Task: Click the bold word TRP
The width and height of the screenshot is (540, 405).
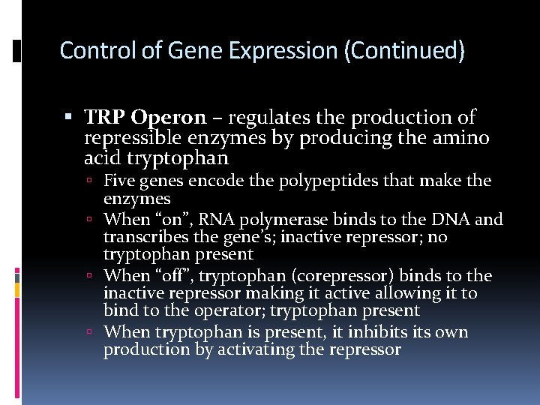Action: click(104, 118)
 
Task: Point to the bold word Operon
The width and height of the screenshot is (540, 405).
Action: click(169, 118)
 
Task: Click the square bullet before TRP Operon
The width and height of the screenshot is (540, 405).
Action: click(68, 118)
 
